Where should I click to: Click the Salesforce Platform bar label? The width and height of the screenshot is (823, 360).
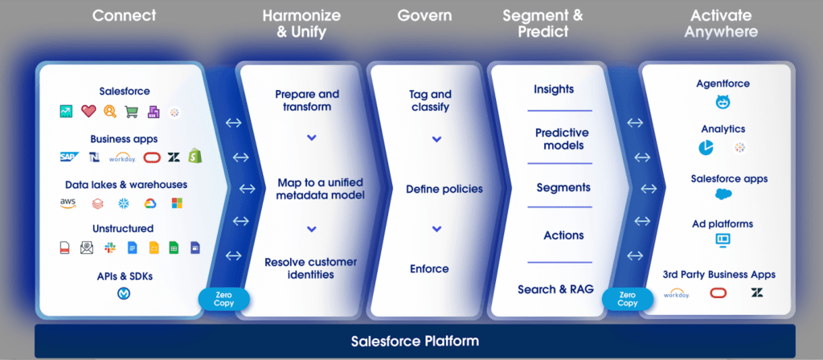point(415,341)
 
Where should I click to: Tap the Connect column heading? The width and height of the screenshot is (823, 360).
point(125,14)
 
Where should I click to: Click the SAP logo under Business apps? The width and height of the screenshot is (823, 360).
point(69,157)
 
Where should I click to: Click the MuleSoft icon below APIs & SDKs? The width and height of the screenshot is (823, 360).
point(124,294)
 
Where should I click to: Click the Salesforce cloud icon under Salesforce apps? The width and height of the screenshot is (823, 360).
point(723,194)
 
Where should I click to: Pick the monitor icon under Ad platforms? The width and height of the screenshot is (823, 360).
point(722,239)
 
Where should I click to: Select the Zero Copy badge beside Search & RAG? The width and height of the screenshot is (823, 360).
point(628,299)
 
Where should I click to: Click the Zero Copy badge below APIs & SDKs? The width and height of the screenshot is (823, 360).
point(223,299)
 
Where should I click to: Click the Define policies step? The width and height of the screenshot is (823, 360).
point(444,190)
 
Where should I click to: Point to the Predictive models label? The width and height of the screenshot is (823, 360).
point(562,139)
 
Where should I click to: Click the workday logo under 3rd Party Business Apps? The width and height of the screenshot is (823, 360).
point(677,294)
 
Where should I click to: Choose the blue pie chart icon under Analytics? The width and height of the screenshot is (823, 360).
point(706,148)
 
